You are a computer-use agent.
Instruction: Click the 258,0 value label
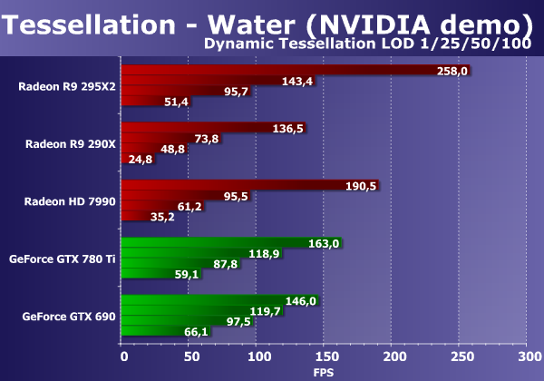coord(452,71)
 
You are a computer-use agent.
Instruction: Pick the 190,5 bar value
coord(361,185)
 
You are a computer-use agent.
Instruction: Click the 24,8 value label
coord(141,160)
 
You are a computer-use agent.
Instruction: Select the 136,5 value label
coord(287,128)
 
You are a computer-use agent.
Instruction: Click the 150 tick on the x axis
coord(324,355)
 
